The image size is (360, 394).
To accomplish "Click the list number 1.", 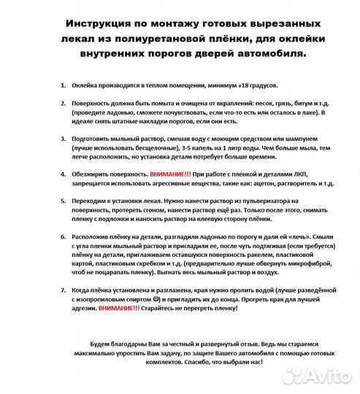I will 63,86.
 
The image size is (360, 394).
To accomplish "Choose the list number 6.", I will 63,237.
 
